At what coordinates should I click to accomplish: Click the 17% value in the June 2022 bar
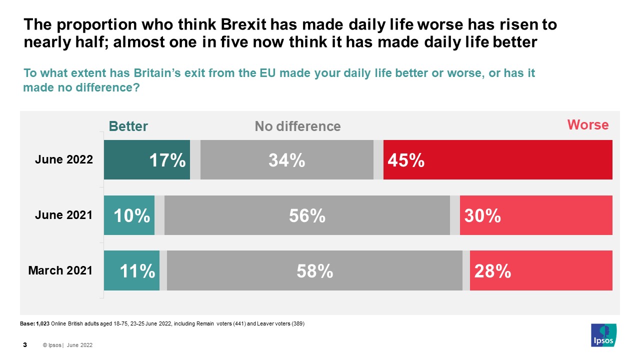click(167, 160)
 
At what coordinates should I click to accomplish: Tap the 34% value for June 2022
click(286, 160)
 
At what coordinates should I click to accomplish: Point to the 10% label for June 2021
click(132, 215)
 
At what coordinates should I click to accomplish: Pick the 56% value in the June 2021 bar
click(307, 215)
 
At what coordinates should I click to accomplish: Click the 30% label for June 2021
click(482, 215)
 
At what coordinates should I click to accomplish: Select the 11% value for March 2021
click(137, 271)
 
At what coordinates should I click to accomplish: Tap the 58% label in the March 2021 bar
click(314, 271)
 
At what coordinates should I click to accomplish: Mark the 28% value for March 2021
click(492, 271)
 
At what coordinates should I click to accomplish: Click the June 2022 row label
click(63, 160)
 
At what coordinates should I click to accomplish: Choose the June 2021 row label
click(63, 215)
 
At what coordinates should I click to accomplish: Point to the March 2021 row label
click(60, 271)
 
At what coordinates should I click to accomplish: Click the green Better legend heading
click(128, 126)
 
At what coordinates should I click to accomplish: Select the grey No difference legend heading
click(297, 126)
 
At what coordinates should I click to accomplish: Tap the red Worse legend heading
click(587, 125)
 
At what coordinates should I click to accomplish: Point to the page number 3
click(25, 345)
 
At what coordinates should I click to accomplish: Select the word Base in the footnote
click(27, 324)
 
